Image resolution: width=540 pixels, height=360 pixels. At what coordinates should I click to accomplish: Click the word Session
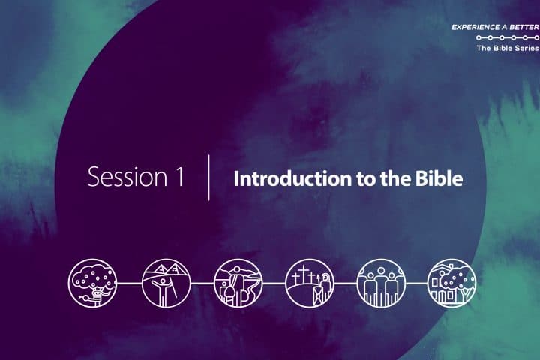pos(127,177)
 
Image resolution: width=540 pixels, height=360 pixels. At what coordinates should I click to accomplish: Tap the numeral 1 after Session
pos(180,177)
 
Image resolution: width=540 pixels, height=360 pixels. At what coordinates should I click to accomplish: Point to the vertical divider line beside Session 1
pos(209,178)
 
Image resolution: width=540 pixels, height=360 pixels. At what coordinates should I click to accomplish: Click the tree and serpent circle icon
pos(92,283)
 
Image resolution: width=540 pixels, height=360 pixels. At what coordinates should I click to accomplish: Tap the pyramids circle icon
pos(166,283)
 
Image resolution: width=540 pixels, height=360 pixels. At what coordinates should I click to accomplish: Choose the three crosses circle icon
pos(310,283)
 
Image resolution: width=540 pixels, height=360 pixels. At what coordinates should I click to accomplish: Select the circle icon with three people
pos(381,283)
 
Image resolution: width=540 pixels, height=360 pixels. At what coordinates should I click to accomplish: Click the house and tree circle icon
pos(451,283)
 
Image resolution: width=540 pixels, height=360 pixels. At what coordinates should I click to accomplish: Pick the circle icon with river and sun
pos(238,283)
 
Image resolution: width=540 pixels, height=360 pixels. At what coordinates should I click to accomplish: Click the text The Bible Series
pos(508,48)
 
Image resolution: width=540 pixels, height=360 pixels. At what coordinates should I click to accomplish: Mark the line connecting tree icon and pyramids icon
pos(129,283)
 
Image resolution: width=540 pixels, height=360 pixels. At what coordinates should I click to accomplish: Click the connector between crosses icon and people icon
pos(345,283)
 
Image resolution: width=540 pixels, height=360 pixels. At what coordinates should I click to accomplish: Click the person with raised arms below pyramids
pos(162,290)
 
